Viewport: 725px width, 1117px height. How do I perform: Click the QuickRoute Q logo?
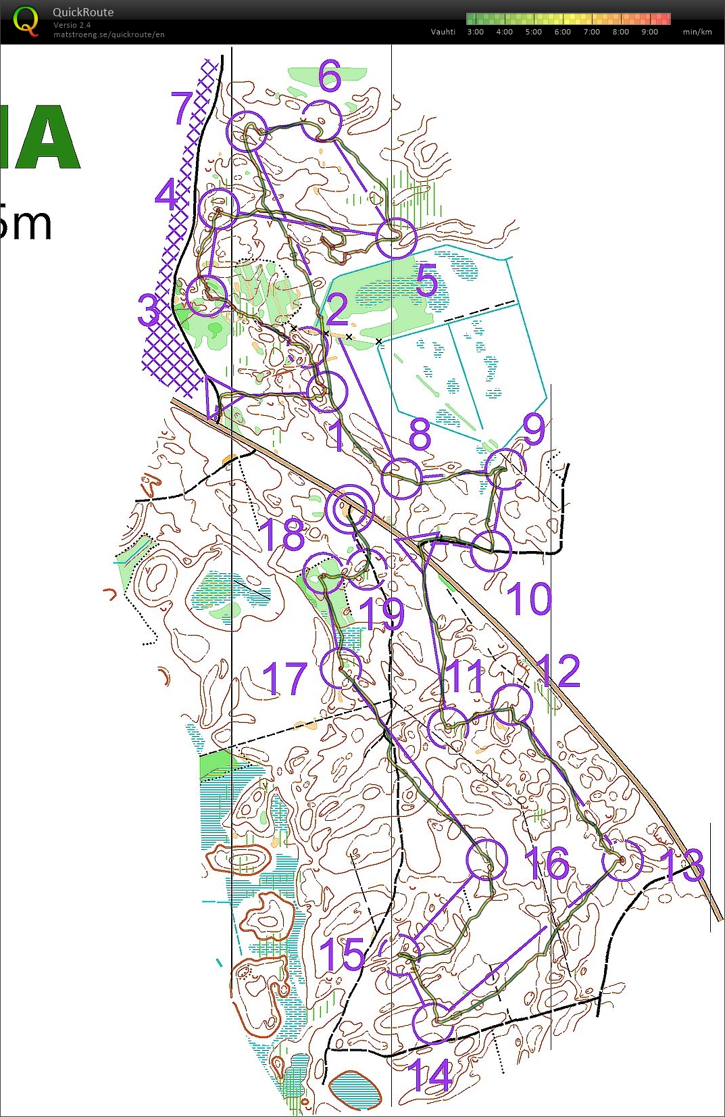click(26, 20)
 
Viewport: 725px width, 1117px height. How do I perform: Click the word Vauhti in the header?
click(443, 32)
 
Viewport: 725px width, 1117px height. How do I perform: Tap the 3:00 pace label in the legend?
click(476, 32)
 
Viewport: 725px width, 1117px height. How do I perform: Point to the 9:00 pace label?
click(649, 32)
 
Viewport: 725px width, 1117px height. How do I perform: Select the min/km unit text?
click(697, 32)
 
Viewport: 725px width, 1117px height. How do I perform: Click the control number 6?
click(330, 76)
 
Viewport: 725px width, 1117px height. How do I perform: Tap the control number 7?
click(182, 108)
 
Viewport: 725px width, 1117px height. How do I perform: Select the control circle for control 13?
click(622, 860)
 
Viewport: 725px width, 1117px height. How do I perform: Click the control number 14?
click(430, 1075)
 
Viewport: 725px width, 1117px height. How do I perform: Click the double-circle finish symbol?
click(349, 508)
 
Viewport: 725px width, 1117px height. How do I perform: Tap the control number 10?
click(528, 599)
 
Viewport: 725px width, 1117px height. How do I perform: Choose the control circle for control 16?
click(486, 859)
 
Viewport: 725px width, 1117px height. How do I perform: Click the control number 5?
click(427, 280)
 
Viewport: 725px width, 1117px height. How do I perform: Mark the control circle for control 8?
click(401, 478)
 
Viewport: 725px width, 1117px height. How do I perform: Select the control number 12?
click(558, 671)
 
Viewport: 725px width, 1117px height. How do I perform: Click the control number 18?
click(282, 534)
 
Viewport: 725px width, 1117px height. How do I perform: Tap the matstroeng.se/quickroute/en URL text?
click(109, 34)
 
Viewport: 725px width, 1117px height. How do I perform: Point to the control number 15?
click(342, 954)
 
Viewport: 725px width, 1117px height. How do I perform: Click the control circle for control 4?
click(219, 209)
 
